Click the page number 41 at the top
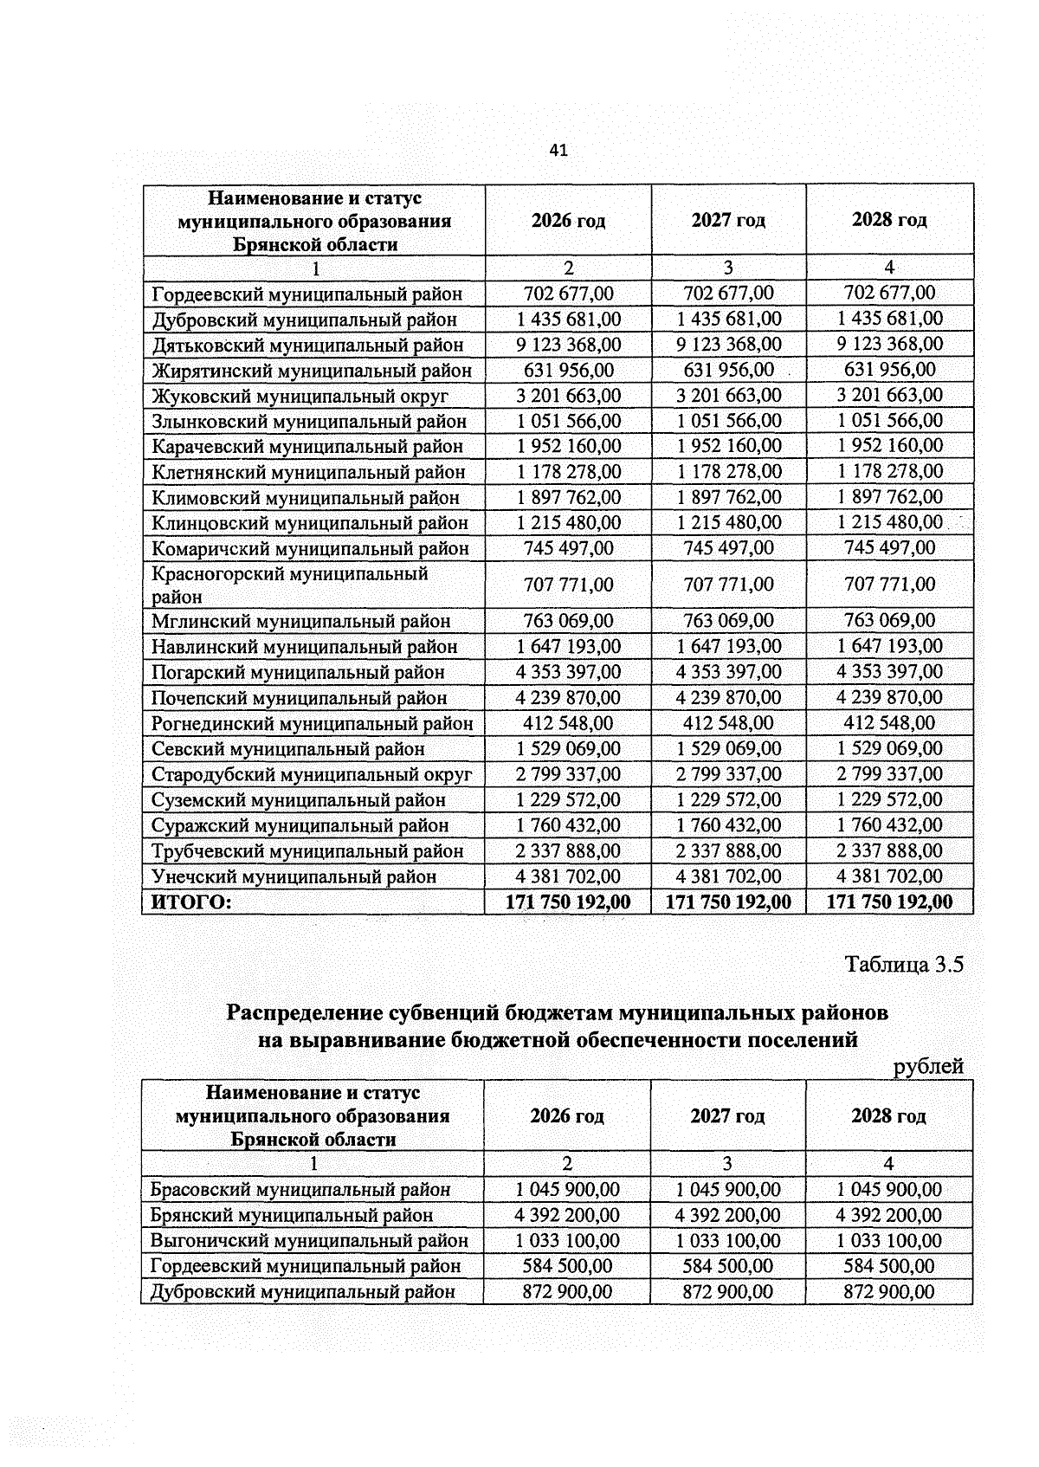click(x=558, y=151)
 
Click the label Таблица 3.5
click(x=904, y=965)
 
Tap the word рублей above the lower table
click(x=928, y=1066)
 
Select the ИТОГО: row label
click(x=191, y=902)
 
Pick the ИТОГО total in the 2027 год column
click(x=728, y=902)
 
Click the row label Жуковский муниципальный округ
click(x=300, y=397)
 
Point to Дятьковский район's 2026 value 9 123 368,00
click(x=568, y=345)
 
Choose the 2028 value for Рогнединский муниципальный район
click(x=889, y=723)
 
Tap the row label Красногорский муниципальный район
click(x=289, y=585)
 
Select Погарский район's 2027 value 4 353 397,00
click(x=728, y=672)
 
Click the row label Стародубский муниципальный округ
click(x=312, y=774)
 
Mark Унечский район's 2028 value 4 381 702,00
click(x=889, y=876)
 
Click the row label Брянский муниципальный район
click(x=292, y=1215)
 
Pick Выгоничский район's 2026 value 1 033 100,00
click(x=567, y=1241)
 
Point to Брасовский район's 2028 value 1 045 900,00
click(x=889, y=1190)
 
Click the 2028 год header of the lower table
click(x=888, y=1115)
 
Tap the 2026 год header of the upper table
click(x=568, y=220)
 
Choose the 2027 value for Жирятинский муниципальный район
click(x=728, y=371)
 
